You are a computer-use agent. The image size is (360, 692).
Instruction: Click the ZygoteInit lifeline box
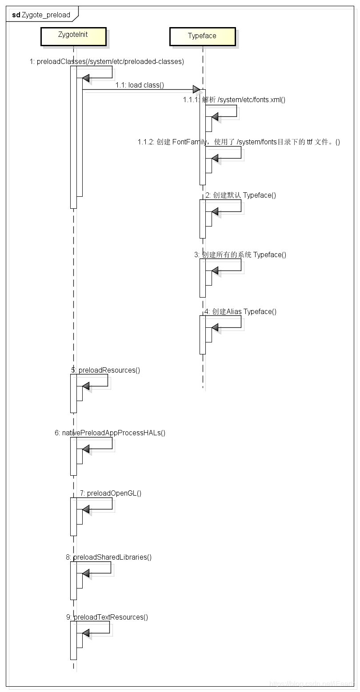tap(73, 36)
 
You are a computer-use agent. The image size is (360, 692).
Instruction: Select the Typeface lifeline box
tap(202, 36)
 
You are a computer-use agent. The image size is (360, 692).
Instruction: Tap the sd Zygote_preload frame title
tap(41, 15)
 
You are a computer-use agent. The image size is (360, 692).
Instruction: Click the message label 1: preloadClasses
tap(107, 62)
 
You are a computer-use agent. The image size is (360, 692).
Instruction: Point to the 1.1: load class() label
tap(140, 85)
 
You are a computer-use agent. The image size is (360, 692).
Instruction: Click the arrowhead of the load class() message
tap(196, 90)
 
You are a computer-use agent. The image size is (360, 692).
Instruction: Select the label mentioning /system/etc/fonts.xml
tap(234, 99)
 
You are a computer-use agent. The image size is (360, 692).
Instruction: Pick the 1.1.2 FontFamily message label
tap(239, 142)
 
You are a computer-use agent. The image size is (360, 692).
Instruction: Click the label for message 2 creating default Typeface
tap(240, 195)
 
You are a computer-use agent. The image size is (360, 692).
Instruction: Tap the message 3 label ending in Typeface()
tap(240, 255)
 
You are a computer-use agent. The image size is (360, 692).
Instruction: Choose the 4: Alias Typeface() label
tap(240, 311)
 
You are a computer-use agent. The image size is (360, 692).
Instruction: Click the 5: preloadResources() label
tap(105, 370)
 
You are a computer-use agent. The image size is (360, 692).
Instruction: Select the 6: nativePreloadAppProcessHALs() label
tap(110, 433)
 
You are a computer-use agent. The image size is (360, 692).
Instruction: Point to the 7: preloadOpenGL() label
tap(111, 493)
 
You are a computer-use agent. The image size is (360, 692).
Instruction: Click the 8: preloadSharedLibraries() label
tap(108, 557)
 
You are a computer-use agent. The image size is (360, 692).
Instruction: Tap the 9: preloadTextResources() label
tap(107, 617)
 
